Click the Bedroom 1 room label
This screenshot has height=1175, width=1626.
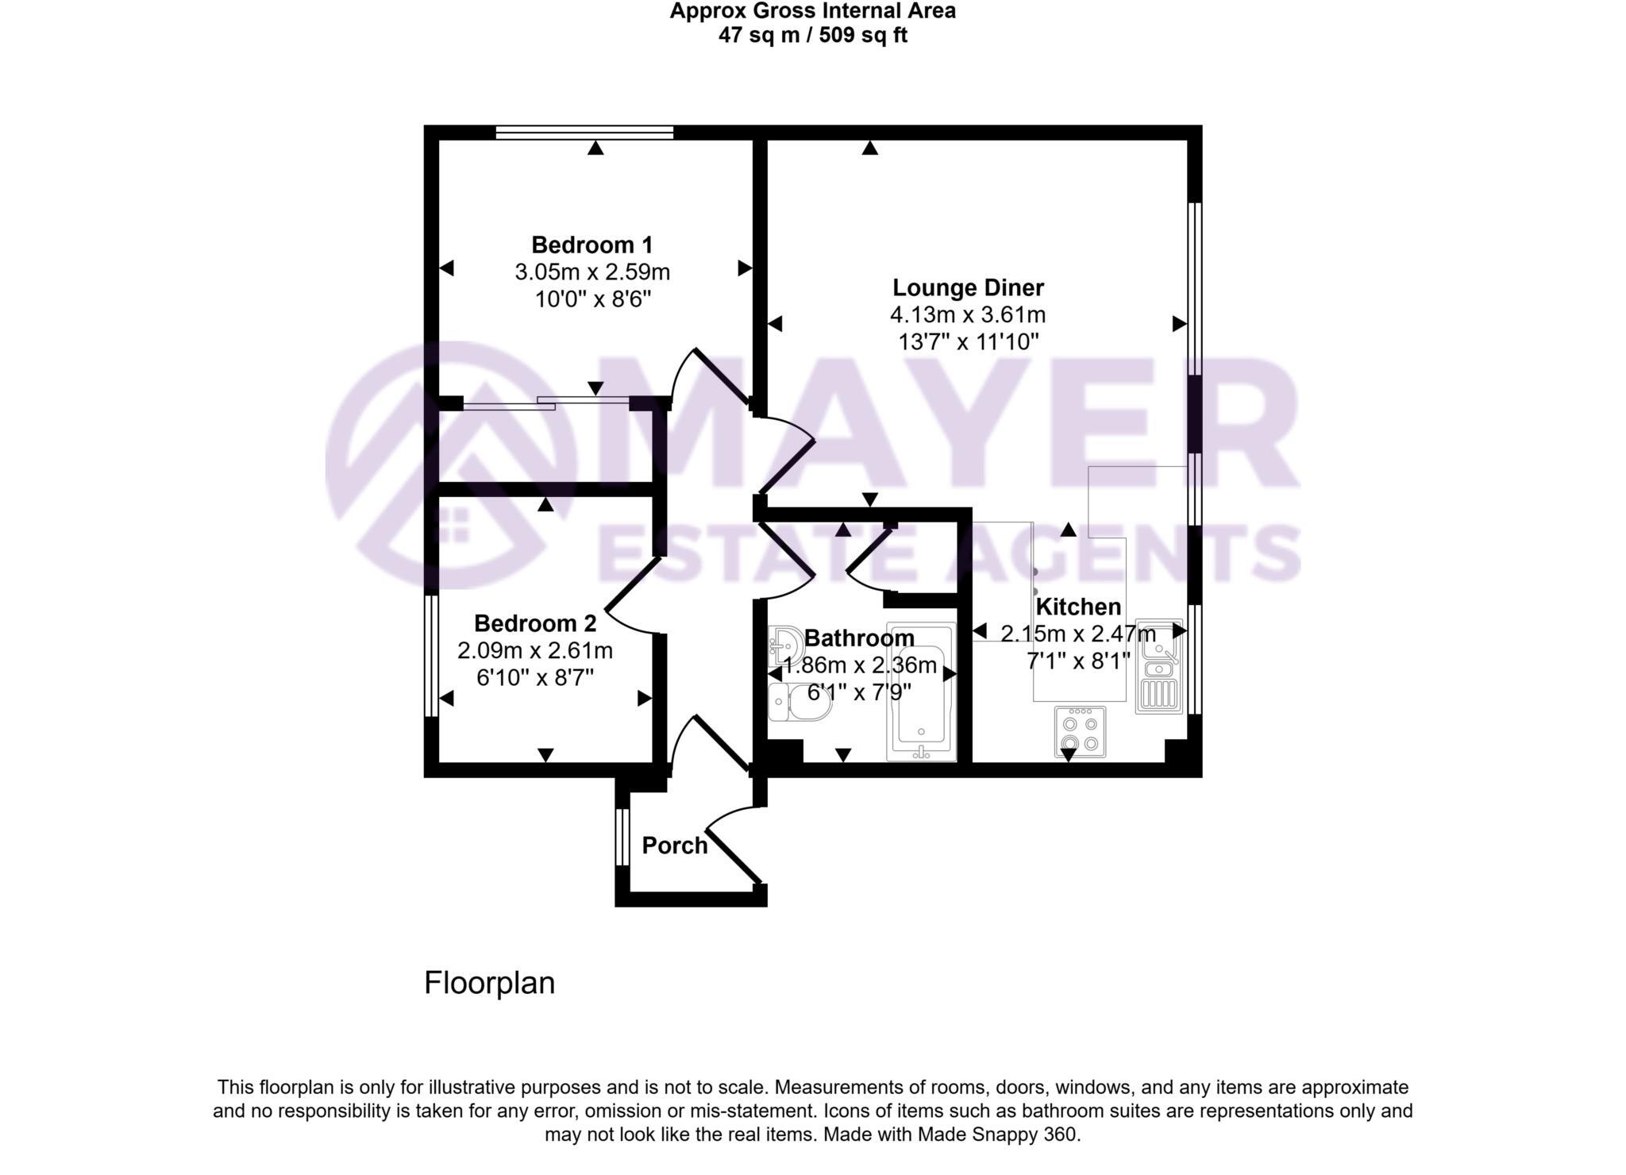[591, 245]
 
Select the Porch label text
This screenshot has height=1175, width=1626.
[674, 846]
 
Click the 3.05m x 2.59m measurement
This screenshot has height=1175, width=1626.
[591, 272]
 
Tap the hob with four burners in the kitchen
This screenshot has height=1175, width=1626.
[1080, 732]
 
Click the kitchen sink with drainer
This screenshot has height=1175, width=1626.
[1158, 665]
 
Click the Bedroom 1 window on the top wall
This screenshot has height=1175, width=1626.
[584, 133]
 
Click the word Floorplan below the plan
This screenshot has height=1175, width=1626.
[489, 984]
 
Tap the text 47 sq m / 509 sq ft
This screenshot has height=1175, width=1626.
[811, 36]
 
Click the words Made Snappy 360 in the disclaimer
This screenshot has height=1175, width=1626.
[998, 1135]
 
